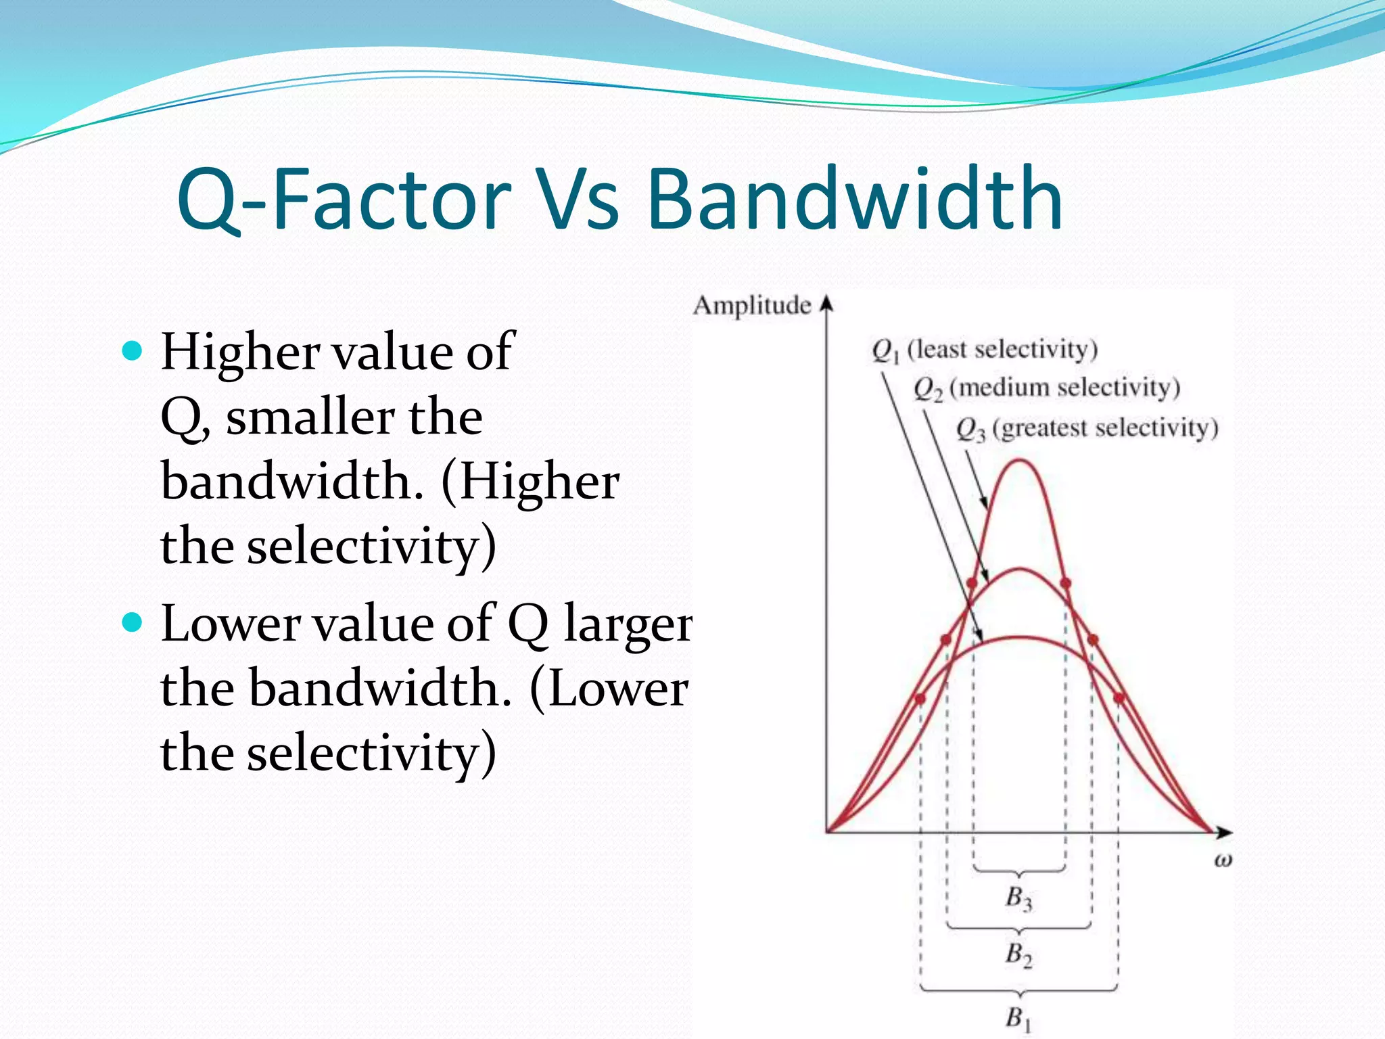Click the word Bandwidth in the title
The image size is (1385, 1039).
(855, 199)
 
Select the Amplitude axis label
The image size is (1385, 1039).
(751, 306)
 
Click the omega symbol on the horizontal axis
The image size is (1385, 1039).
(1222, 860)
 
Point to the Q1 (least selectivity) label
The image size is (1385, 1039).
(984, 350)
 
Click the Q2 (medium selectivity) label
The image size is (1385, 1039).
(1046, 388)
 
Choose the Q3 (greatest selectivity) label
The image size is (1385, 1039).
(1087, 429)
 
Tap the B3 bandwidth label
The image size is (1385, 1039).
(1018, 898)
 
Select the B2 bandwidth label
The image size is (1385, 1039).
(1018, 954)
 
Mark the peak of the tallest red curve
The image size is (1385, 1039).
(1020, 461)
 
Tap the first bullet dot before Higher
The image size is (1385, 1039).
(133, 351)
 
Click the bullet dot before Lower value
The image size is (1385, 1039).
(133, 622)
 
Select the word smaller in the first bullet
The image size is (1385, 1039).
(310, 417)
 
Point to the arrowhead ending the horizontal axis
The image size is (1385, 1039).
(1225, 832)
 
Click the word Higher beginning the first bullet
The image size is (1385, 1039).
(239, 352)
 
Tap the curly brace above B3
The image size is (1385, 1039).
(1019, 871)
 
